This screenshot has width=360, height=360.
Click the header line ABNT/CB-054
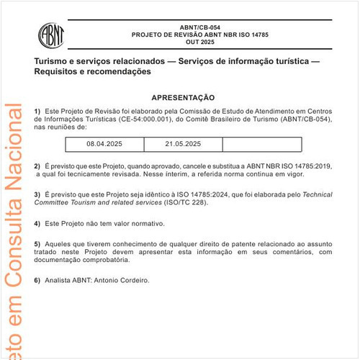pos(189,27)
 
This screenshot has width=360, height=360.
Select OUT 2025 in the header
pos(189,42)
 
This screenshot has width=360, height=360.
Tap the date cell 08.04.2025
pos(104,144)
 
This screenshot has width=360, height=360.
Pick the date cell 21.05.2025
pos(183,144)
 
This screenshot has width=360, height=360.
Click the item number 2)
pos(37,166)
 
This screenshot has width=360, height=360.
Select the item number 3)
pos(37,195)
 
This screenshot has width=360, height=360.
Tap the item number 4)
pos(37,224)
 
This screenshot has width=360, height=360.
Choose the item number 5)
pos(37,243)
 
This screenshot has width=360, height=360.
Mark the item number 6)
pos(37,280)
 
